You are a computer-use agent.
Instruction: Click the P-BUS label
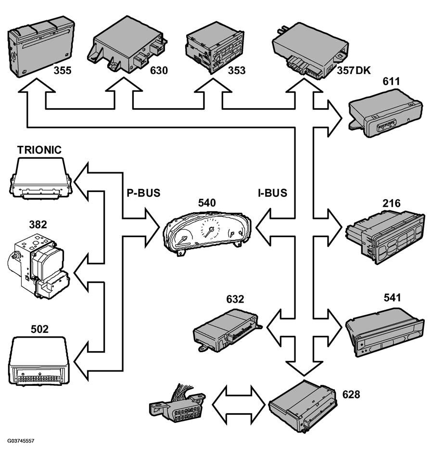tap(143, 193)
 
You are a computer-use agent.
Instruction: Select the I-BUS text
tap(273, 193)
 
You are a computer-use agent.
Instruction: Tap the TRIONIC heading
tap(39, 150)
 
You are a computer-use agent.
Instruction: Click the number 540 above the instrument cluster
tap(207, 203)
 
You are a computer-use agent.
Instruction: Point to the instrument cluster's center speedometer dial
tap(210, 229)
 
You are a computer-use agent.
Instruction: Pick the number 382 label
tap(38, 224)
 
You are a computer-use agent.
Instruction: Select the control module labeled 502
tap(39, 361)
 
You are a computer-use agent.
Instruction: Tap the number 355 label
tap(63, 70)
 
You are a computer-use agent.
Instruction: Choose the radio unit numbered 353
tap(215, 47)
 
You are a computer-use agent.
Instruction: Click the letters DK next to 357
tap(363, 70)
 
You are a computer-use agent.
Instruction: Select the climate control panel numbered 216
tap(385, 237)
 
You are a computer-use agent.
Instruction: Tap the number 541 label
tap(392, 298)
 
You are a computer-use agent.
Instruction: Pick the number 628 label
tap(351, 394)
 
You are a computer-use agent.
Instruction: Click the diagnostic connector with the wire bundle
tap(178, 403)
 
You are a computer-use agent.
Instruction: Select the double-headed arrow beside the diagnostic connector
tap(239, 405)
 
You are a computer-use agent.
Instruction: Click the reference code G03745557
tap(21, 441)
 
